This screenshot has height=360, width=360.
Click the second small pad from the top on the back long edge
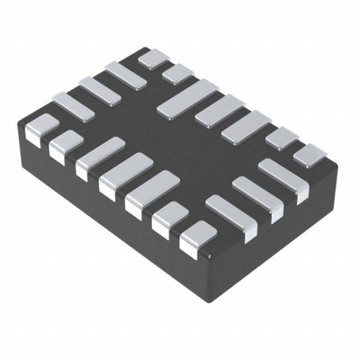pyautogui.click(x=178, y=73)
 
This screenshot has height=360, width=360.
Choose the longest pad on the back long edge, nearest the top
pyautogui.click(x=188, y=98)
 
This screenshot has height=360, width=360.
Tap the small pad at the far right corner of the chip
pyautogui.click(x=310, y=155)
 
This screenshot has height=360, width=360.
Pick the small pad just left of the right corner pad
pyautogui.click(x=282, y=138)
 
